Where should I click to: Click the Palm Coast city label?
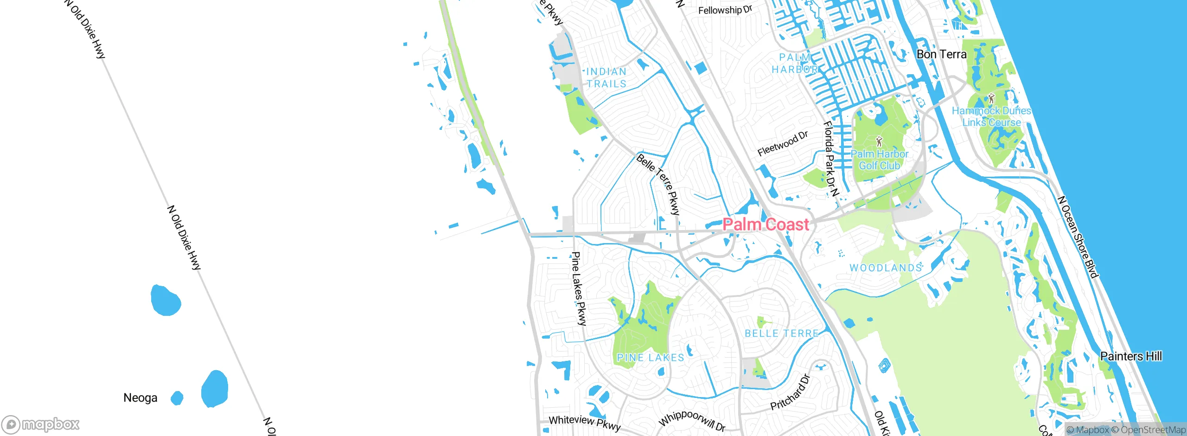pos(766,224)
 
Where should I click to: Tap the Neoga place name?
pos(140,398)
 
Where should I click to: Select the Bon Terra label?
pos(941,54)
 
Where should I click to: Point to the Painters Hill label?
pos(1131,356)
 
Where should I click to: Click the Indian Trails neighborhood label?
pos(606,77)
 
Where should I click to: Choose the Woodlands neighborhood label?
pos(886,268)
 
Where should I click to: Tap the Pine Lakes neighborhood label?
pos(650,358)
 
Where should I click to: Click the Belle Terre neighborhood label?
pos(781,333)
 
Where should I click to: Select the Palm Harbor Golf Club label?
pos(879,160)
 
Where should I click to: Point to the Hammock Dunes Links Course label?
pos(991,116)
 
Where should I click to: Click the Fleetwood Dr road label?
pos(783,143)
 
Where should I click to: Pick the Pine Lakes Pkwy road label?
pos(579,289)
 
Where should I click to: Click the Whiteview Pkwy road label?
pos(584,423)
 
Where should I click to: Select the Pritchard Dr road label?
pos(790,392)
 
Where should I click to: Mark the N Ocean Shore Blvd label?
pos(1078,237)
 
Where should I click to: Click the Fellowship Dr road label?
pos(725,10)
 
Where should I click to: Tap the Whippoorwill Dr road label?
pos(692,421)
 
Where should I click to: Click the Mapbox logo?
pos(41,424)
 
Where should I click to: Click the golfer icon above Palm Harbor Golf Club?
pos(879,141)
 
